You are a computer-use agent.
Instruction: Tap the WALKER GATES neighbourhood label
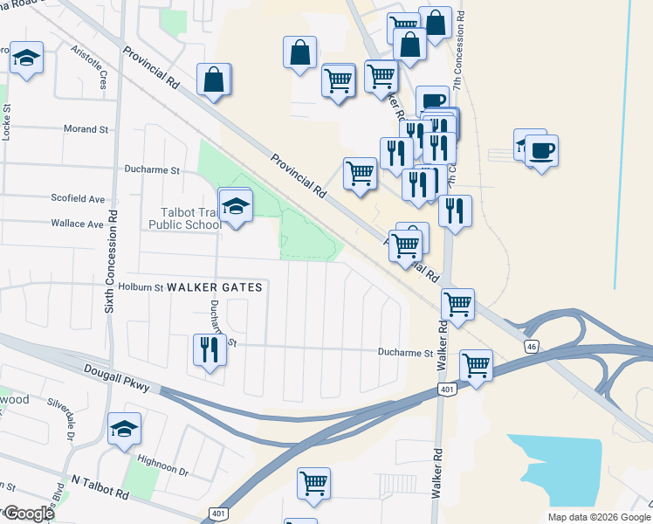point(214,286)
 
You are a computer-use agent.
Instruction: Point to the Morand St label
point(86,129)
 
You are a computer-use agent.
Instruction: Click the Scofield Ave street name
point(77,199)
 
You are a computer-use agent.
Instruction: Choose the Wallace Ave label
point(77,224)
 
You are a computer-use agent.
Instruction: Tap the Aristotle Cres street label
point(88,67)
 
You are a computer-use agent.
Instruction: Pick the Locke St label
point(7,126)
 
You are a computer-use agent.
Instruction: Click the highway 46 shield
point(532,347)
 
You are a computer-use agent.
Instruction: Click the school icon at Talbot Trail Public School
point(235,207)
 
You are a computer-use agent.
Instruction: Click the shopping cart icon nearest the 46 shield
point(476,365)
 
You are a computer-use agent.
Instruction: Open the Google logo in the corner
point(28,514)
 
